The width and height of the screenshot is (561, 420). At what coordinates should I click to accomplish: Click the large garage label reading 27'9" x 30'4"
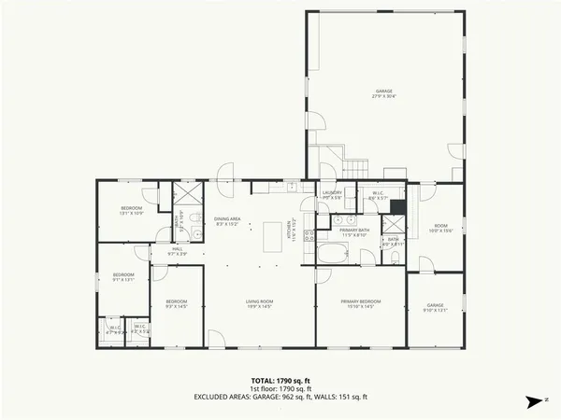384,93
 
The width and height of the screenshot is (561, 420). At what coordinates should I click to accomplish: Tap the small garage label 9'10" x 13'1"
436,307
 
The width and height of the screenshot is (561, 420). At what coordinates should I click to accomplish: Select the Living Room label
258,302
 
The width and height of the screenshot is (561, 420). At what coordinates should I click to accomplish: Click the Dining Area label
228,221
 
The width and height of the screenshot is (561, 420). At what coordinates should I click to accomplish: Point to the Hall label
177,251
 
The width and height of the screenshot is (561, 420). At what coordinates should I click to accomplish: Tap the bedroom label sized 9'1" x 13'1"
123,277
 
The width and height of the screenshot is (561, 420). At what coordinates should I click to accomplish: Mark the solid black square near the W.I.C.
396,207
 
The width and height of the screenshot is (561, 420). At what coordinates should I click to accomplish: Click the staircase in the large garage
356,168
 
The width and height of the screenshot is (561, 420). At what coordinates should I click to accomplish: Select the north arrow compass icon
534,400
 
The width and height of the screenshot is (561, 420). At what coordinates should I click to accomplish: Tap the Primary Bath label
354,231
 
